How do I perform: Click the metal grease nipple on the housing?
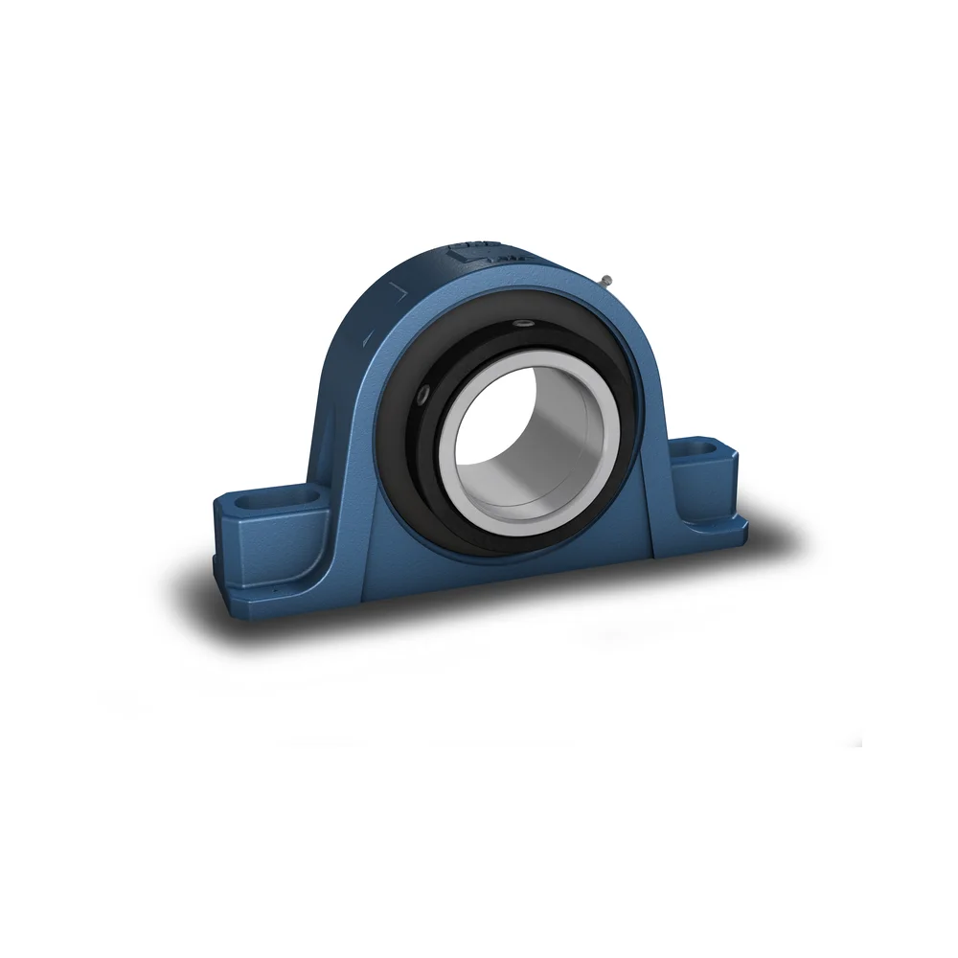607,281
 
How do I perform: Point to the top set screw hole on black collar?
523,327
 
